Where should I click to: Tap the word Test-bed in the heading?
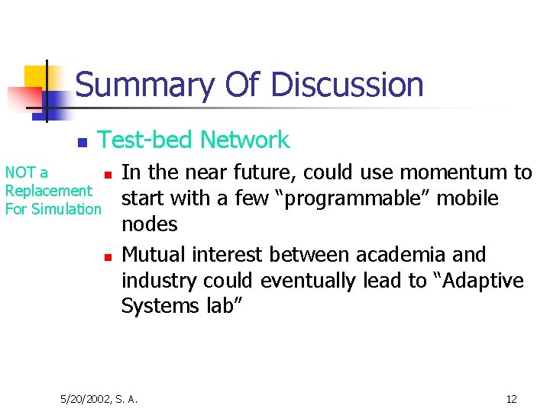pos(145,140)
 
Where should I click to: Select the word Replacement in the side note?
pos(48,191)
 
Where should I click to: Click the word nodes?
pos(149,224)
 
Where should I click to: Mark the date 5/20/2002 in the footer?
pos(86,399)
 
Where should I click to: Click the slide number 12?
pos(511,399)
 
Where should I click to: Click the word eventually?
pos(308,280)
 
